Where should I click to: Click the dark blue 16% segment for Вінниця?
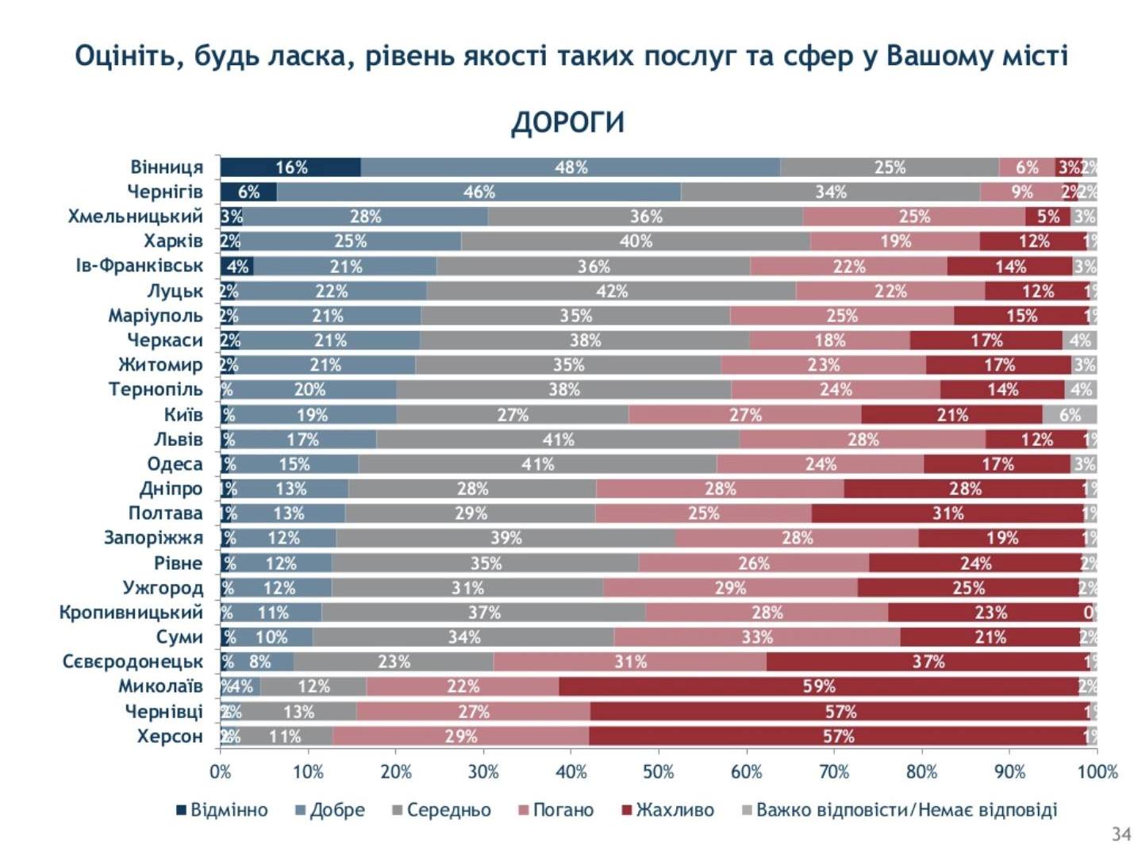[x=290, y=167]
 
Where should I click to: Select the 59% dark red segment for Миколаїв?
[x=818, y=686]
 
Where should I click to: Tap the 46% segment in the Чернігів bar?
[x=479, y=192]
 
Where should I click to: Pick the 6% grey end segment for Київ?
[x=1069, y=415]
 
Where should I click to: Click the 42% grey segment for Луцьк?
[x=611, y=291]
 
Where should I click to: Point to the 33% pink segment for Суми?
[x=757, y=637]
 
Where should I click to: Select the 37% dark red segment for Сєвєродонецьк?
[x=927, y=662]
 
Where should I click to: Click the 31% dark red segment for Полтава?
[x=948, y=513]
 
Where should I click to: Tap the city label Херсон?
[x=169, y=736]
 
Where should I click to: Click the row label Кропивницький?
[x=131, y=613]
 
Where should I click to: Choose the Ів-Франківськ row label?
[x=139, y=266]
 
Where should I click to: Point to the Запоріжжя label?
[x=153, y=538]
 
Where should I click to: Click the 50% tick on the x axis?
[x=658, y=772]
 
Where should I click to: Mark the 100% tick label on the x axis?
[x=1097, y=772]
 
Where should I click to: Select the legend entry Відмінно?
[x=222, y=810]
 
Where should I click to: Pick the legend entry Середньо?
[x=441, y=810]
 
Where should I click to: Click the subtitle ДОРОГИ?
[x=567, y=123]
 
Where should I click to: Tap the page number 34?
[x=1121, y=834]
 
